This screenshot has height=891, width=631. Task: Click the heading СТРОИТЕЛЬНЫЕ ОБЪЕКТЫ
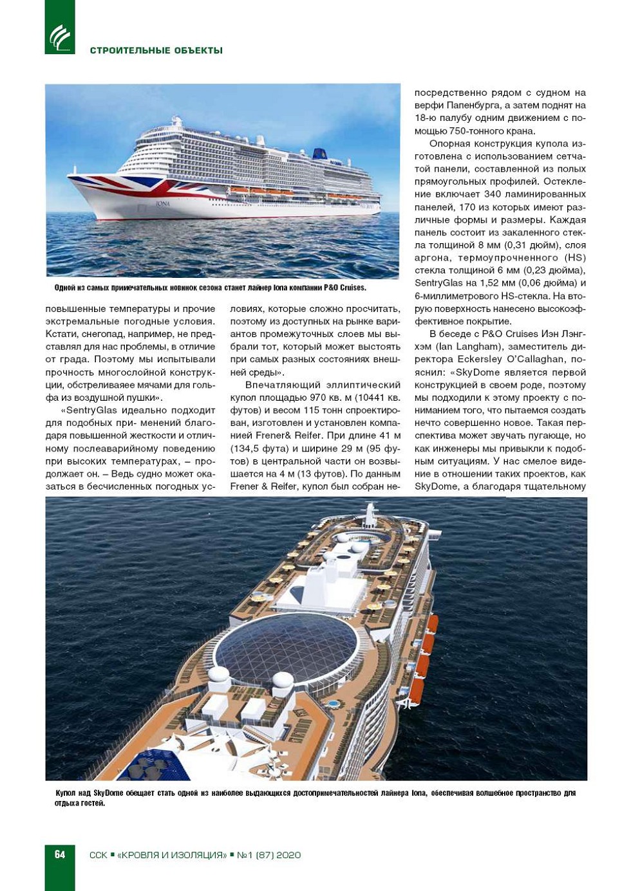156,51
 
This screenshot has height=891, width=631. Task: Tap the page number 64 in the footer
60,854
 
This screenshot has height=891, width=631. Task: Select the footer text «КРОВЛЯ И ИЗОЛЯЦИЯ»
172,855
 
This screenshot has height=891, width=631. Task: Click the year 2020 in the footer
288,855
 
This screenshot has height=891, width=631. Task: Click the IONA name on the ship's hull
163,203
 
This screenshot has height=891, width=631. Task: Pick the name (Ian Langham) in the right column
468,347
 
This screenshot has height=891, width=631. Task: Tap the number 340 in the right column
493,194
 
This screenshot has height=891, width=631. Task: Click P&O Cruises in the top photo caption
344,288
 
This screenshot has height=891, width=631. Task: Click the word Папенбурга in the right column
476,106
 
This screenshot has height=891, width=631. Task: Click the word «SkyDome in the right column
479,372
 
